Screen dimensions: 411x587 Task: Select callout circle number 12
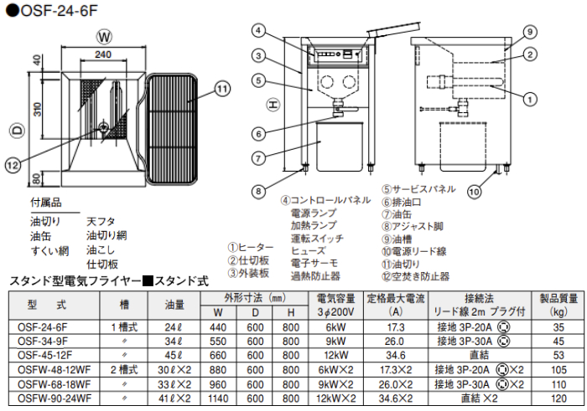(12, 165)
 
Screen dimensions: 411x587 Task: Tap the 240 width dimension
(102, 55)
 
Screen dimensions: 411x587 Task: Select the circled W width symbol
(102, 37)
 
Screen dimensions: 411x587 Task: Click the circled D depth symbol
(16, 130)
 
